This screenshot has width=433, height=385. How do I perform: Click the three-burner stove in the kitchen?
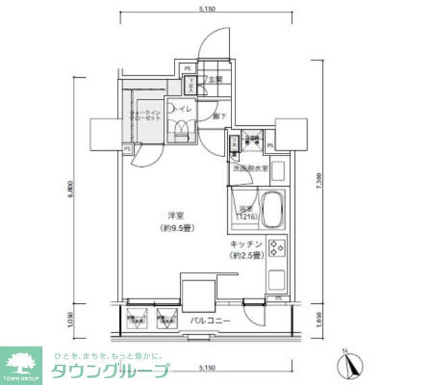coord(277,248)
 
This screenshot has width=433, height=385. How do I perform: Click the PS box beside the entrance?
coord(187,68)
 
